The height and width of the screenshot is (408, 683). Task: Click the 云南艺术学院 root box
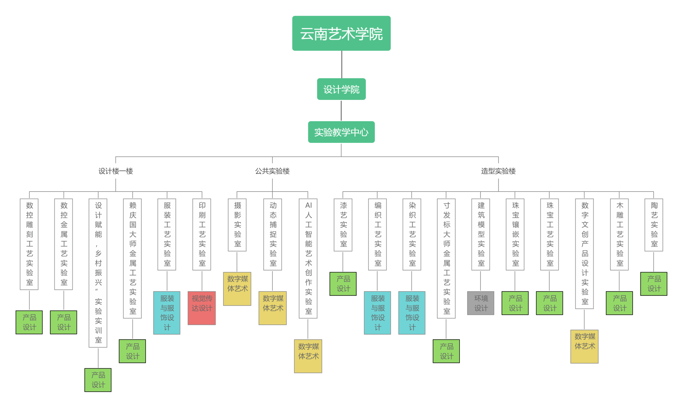click(x=341, y=33)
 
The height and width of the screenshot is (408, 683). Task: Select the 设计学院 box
click(x=341, y=89)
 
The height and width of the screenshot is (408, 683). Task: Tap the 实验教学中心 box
click(x=341, y=132)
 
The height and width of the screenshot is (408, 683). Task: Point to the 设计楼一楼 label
click(x=115, y=171)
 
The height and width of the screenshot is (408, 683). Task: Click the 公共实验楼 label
click(x=272, y=171)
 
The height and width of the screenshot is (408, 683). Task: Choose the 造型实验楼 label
click(x=498, y=171)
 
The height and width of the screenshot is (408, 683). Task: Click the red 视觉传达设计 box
click(x=202, y=308)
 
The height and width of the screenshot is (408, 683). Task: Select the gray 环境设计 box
click(x=481, y=303)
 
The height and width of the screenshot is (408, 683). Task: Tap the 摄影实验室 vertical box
click(x=237, y=225)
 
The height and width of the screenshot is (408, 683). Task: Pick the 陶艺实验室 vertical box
click(x=654, y=225)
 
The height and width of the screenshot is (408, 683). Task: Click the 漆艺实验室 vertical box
click(x=343, y=225)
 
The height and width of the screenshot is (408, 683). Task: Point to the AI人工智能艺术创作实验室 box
click(x=308, y=258)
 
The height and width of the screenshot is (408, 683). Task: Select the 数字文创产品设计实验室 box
click(x=584, y=254)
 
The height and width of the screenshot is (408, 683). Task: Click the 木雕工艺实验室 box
click(x=619, y=234)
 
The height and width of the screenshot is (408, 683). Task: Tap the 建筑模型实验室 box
click(x=481, y=234)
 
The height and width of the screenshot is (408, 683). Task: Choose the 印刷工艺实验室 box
click(x=202, y=234)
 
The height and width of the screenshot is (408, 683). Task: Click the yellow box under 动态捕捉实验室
click(x=272, y=308)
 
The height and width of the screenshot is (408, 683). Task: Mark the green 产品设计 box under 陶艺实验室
click(x=654, y=284)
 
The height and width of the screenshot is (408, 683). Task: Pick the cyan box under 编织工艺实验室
click(x=378, y=313)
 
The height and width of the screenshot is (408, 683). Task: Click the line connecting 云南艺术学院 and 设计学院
click(x=341, y=64)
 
